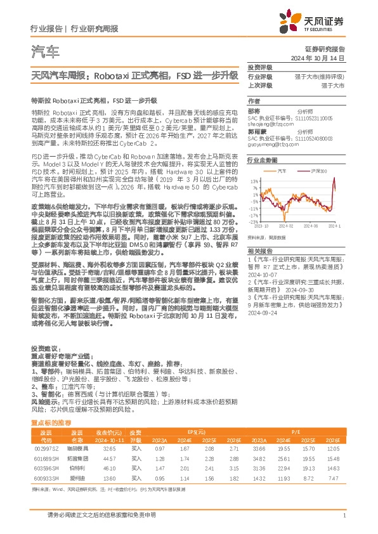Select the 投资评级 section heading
coord(260,67)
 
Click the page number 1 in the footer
coord(343,517)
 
